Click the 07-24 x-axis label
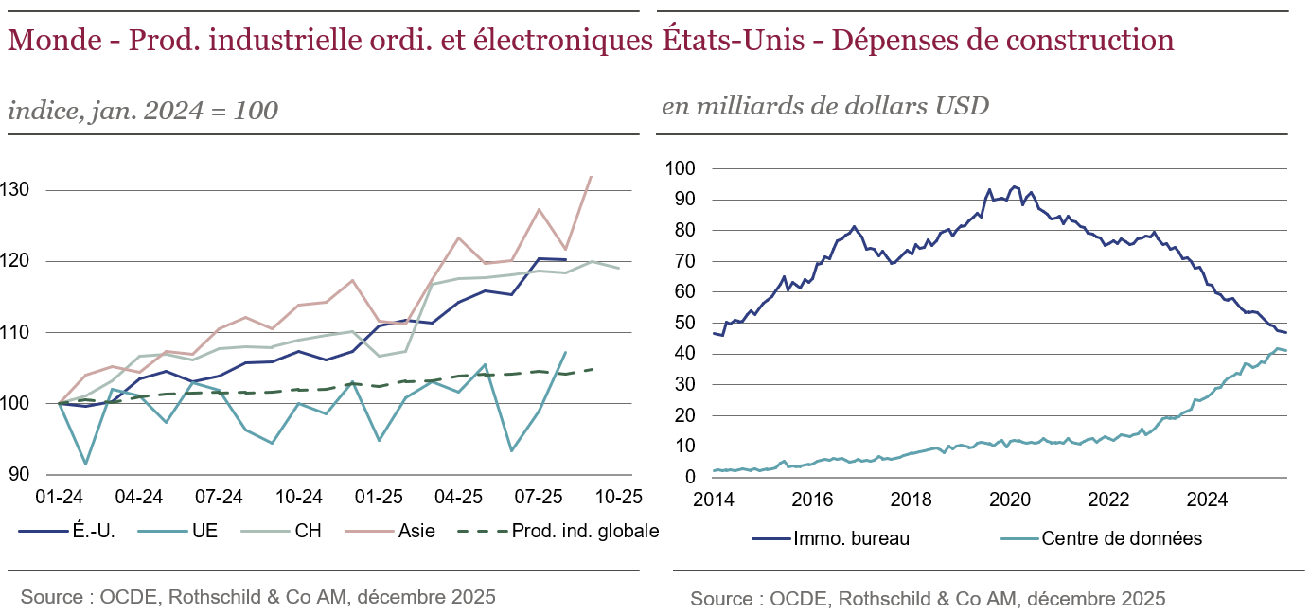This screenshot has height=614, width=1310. (220, 496)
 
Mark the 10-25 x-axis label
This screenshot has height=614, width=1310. (619, 496)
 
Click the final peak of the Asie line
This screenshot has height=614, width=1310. (592, 176)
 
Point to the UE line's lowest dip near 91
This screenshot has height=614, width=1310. (86, 464)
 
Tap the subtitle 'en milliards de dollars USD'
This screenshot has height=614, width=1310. (824, 106)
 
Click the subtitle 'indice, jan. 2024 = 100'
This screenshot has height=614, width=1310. (143, 111)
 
